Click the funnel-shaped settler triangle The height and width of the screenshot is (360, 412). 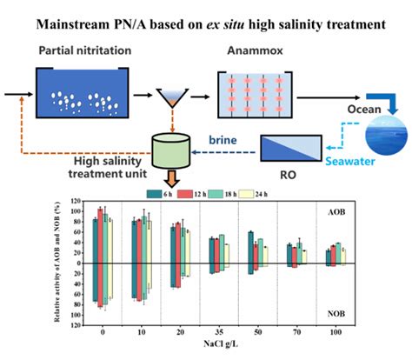point(174,94)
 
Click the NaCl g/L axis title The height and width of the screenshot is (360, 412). point(219,345)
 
